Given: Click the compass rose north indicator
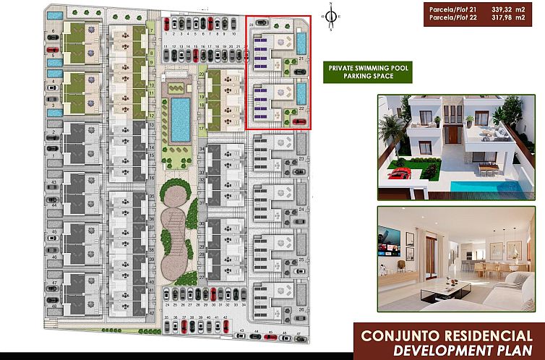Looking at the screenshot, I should click(x=330, y=17).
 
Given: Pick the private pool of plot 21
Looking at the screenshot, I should click(x=301, y=43).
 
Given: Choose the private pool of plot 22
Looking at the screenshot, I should click(x=301, y=94).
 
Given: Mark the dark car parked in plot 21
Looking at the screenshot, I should click(x=300, y=70).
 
